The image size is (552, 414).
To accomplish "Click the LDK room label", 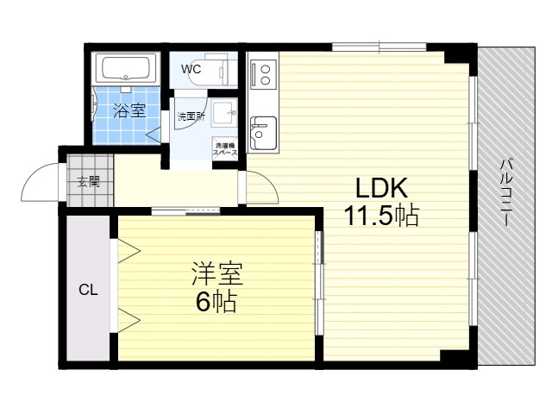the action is [381, 188].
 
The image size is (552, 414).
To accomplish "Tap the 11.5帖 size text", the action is [381, 215].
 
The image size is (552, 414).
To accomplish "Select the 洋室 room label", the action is [217, 274].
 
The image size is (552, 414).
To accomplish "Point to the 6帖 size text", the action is [216, 301].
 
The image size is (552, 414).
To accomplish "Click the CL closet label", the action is [88, 290].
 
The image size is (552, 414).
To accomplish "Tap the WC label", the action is [191, 69].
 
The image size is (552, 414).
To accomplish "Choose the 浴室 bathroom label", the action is [129, 111].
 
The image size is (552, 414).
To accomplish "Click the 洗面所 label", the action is [191, 116].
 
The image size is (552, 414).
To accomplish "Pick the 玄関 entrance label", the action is [88, 182].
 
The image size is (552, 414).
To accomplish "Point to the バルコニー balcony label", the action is [506, 192].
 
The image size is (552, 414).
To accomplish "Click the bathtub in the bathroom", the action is [126, 68].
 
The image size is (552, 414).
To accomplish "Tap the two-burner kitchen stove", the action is [263, 74].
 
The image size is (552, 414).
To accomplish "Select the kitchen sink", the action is [263, 133].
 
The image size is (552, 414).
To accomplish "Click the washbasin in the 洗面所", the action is [224, 113].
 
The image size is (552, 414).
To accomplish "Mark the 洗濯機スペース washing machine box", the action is [224, 149].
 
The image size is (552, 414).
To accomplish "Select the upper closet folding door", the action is [129, 251].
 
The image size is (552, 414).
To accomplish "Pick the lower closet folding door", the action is [129, 320].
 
